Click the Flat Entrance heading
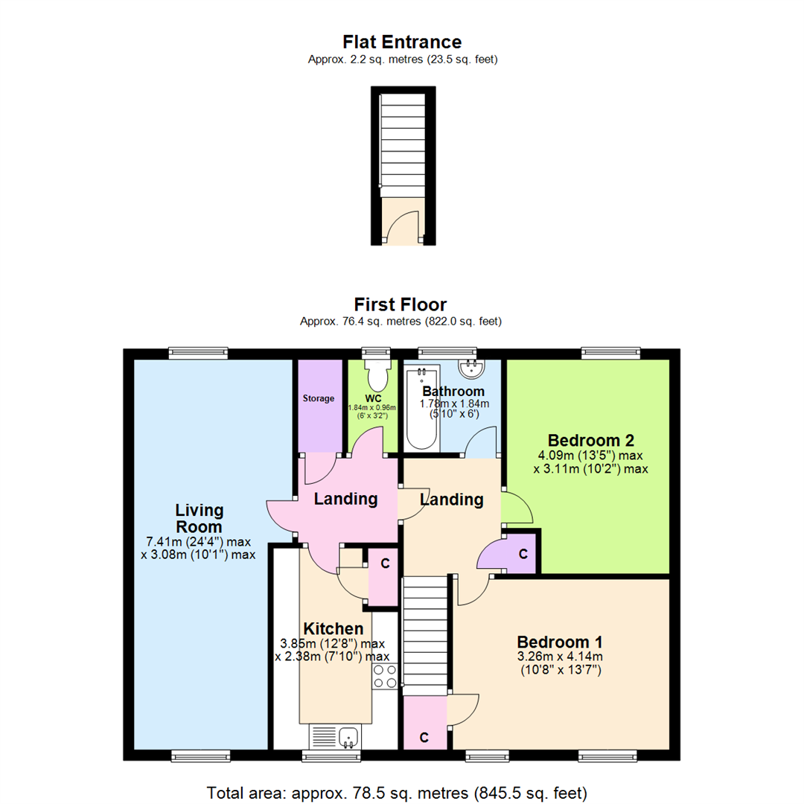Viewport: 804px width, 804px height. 402,42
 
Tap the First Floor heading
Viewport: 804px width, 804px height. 401,304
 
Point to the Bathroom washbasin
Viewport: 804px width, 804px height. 470,366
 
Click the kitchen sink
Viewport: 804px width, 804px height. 348,737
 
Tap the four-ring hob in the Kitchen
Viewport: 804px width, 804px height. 385,675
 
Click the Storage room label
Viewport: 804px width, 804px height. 318,399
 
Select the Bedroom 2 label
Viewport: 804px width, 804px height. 591,439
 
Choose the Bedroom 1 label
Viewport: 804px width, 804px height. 560,642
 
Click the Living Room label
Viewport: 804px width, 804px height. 199,519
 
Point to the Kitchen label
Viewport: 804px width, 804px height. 333,629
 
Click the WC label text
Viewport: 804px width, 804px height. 373,398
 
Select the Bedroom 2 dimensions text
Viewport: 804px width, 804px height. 591,462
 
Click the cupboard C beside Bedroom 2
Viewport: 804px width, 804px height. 523,555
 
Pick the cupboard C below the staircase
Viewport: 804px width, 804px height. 424,737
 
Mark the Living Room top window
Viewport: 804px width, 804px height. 197,354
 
